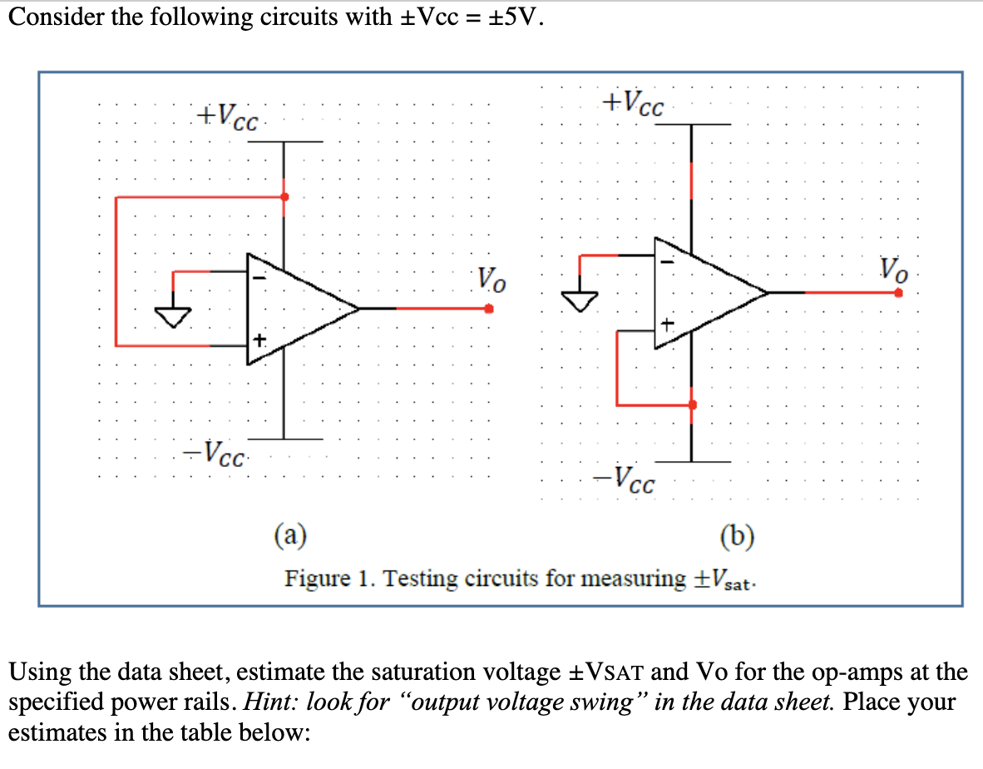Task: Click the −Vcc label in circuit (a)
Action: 215,454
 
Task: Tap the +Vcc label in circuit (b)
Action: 634,102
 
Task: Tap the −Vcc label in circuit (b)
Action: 624,479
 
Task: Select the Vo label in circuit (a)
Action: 490,280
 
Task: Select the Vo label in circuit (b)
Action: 895,269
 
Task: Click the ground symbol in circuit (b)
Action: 580,298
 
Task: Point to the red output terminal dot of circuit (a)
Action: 489,309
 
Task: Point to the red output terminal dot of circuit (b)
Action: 898,293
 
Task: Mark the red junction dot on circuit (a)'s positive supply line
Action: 285,197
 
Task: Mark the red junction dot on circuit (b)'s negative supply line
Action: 692,404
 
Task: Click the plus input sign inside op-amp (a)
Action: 260,340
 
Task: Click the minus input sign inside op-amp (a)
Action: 259,280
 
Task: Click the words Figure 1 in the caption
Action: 328,578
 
